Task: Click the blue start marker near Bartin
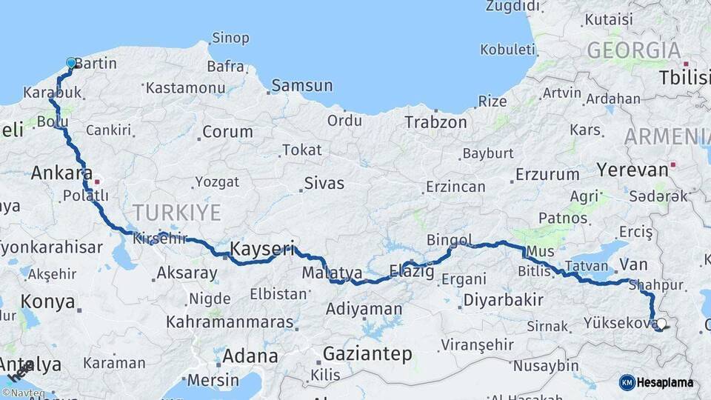coord(71,64)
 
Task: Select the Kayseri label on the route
coord(262,249)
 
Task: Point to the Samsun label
coord(301,86)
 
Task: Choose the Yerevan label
coord(632,170)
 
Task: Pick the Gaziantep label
coord(367,355)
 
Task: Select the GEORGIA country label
coord(633,50)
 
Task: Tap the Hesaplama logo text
coord(667,383)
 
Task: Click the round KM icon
coord(627,382)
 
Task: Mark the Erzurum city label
coord(547,176)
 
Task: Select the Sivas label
coord(324,183)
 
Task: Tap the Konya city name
coord(47,302)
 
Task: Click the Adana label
coord(250,356)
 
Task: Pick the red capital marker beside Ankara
coord(96,181)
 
